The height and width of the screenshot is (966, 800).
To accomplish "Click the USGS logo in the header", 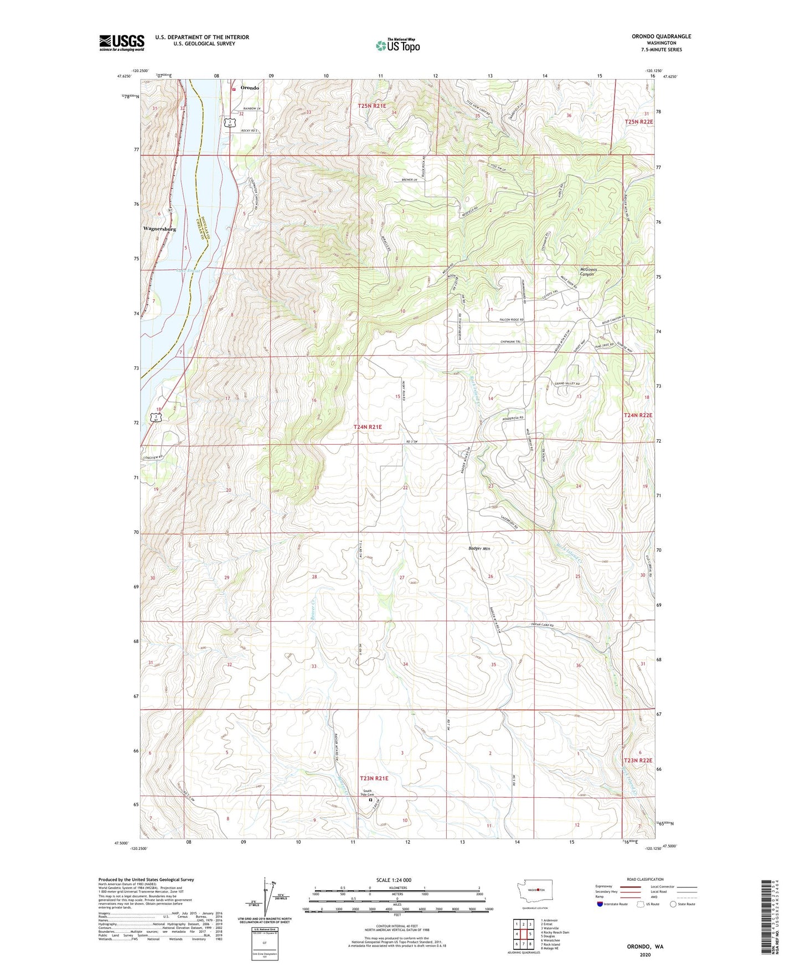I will click(122, 43).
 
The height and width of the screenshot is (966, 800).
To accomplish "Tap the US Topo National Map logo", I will click(398, 45).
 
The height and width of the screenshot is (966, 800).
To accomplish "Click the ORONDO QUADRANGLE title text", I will click(661, 37).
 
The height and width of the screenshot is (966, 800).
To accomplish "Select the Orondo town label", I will click(249, 88).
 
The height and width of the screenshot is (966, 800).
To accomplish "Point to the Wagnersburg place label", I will click(159, 228).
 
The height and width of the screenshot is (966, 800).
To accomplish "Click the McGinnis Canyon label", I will click(587, 272).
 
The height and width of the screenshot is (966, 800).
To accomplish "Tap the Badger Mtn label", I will click(478, 548).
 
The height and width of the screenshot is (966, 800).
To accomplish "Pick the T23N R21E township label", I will click(374, 778).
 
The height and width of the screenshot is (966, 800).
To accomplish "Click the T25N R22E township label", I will click(639, 122).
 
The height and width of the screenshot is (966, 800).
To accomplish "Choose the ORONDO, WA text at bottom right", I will click(645, 947).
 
